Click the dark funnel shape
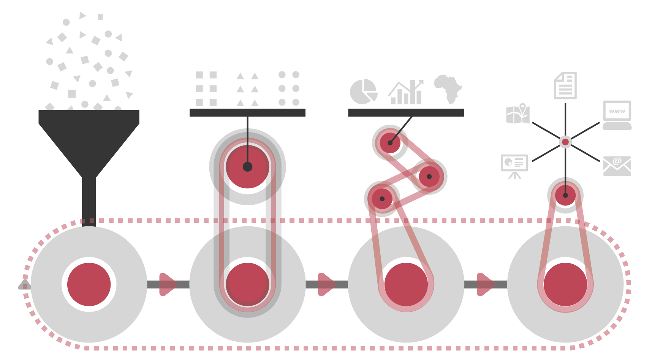89,152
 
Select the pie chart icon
364,92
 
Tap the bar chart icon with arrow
406,92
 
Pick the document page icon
565,85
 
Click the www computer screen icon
617,115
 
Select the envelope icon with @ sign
617,166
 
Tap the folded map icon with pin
518,114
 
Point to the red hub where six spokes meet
565,142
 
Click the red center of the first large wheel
89,284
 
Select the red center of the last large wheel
565,284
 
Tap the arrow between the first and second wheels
168,284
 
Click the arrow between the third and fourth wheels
486,284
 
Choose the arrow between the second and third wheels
327,284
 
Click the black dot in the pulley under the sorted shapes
247,167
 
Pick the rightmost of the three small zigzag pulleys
429,177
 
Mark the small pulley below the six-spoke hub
565,195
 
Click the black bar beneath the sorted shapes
247,113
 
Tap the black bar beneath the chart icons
406,113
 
